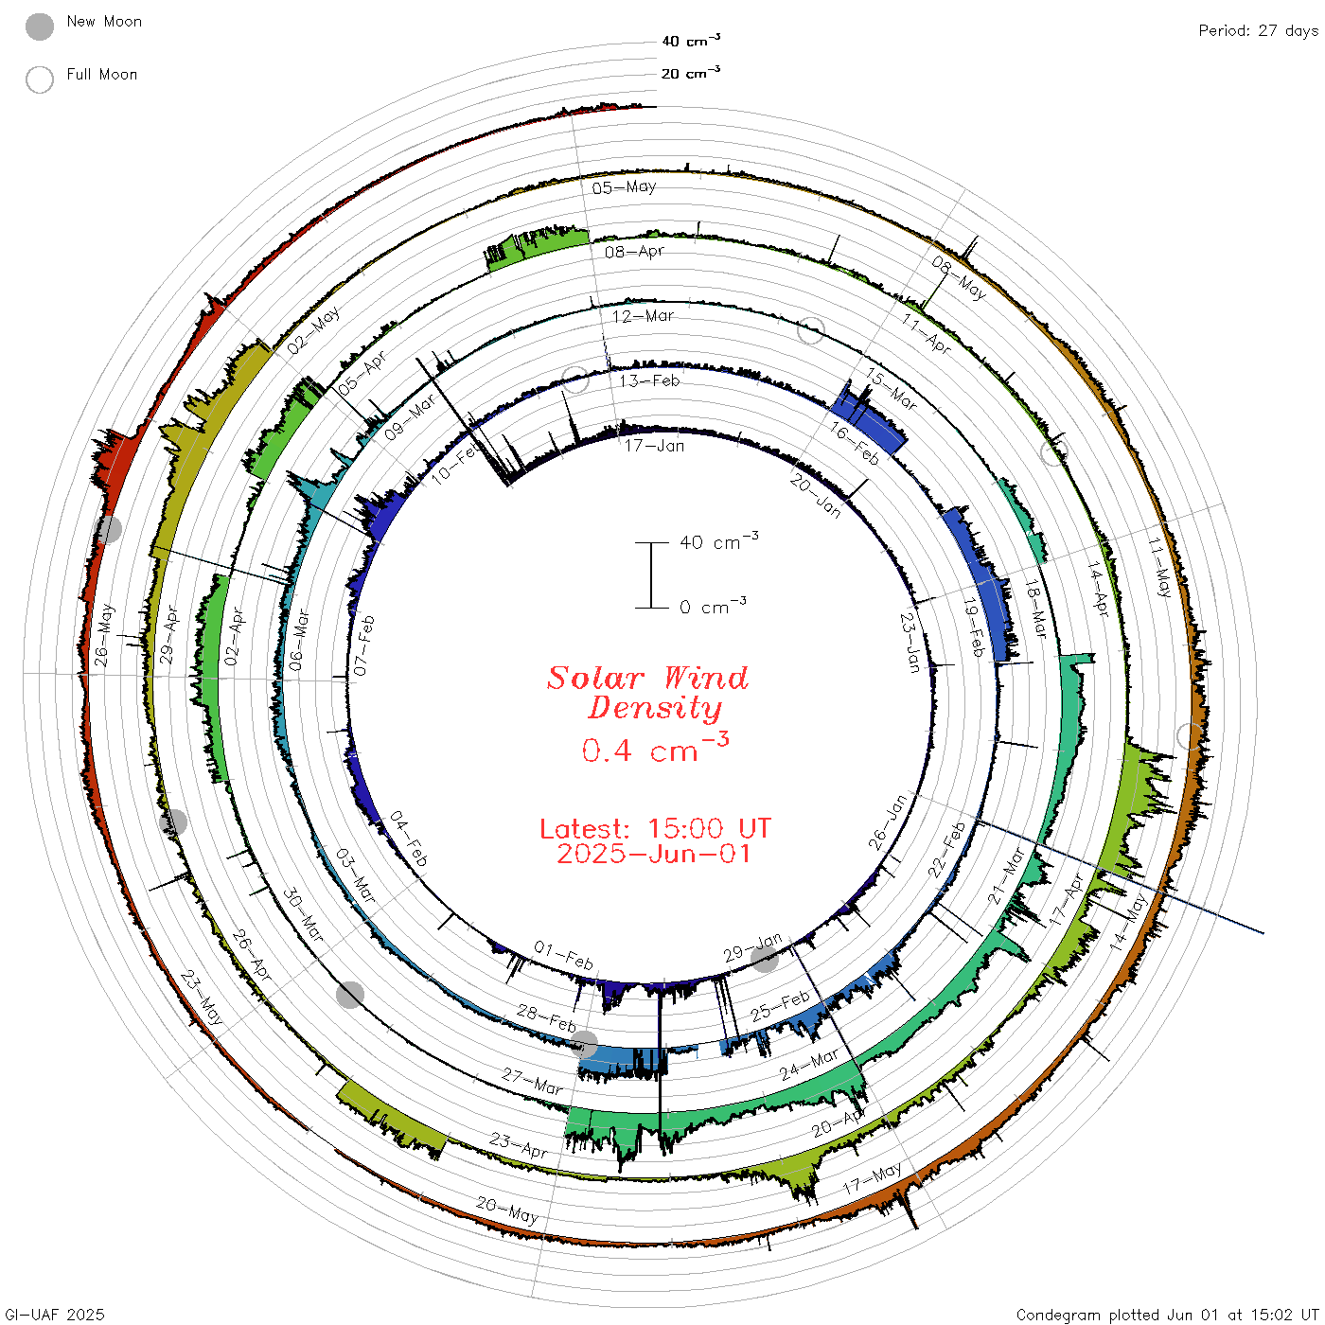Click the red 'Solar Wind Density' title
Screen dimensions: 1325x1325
point(647,693)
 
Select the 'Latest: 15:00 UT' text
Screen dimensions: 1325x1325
point(655,828)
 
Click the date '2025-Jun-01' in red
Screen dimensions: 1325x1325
point(653,854)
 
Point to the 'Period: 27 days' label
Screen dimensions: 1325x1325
point(1258,31)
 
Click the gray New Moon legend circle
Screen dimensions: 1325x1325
point(39,26)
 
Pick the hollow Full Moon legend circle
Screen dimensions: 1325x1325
point(39,79)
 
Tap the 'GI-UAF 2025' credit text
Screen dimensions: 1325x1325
point(55,1314)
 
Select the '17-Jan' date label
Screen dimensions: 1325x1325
point(654,446)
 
